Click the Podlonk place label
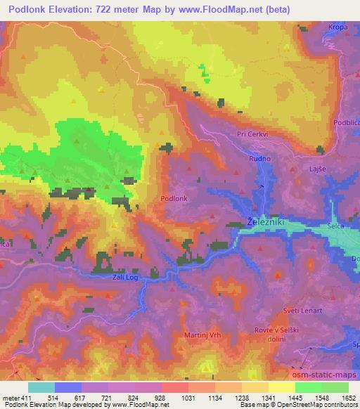pos(174,199)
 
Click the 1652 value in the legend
pos(349,398)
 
